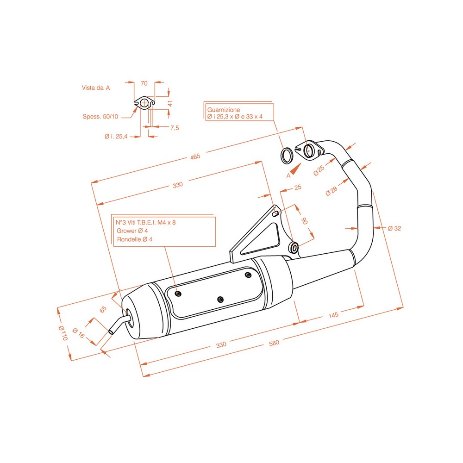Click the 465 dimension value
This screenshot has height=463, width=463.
click(x=194, y=156)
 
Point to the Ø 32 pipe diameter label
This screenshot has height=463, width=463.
click(x=394, y=228)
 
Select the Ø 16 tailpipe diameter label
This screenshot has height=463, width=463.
click(x=79, y=335)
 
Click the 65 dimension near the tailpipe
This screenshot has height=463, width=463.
click(x=103, y=309)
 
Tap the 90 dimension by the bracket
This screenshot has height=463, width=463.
click(x=304, y=220)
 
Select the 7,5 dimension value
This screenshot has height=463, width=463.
click(x=175, y=128)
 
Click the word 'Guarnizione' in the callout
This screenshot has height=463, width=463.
click(x=224, y=110)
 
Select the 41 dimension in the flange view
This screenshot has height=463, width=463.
click(x=170, y=104)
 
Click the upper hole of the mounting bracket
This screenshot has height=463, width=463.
click(x=276, y=213)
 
